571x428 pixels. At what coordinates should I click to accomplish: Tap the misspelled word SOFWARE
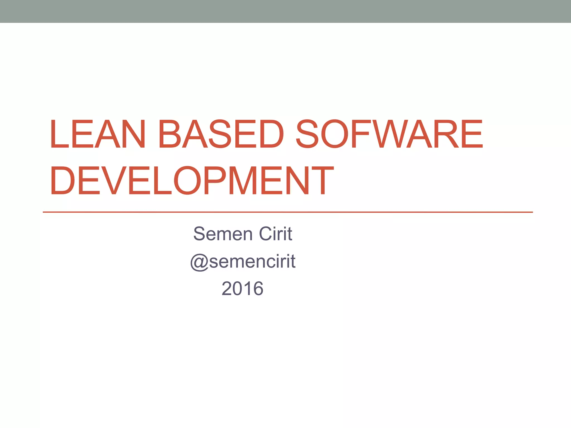pos(389,134)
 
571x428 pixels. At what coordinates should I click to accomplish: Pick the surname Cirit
pos(275,234)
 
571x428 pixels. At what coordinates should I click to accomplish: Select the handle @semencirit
pos(243,261)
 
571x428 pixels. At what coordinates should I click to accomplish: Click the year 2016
pos(243,288)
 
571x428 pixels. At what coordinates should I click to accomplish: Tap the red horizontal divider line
pos(287,212)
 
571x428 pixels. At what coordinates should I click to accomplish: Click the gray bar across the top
pos(285,11)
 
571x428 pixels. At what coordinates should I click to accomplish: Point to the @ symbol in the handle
pos(199,262)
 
